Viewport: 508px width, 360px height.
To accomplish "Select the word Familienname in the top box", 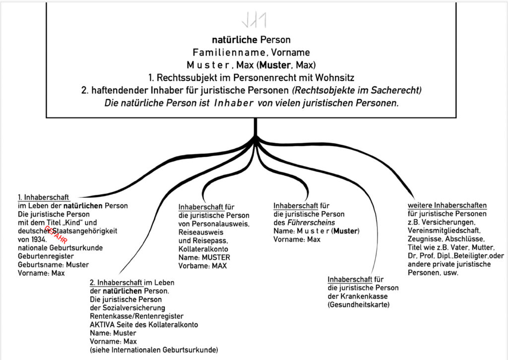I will [222, 52].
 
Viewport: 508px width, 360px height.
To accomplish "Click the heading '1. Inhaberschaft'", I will [43, 197].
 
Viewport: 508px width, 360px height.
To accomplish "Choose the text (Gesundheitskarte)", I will [359, 304].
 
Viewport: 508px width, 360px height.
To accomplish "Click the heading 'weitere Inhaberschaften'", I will [447, 205].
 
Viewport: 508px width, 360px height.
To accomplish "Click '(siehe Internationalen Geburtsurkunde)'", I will [154, 350].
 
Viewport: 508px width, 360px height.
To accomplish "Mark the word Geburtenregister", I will [46, 256].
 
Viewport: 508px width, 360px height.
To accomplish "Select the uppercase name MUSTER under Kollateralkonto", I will [216, 257].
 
